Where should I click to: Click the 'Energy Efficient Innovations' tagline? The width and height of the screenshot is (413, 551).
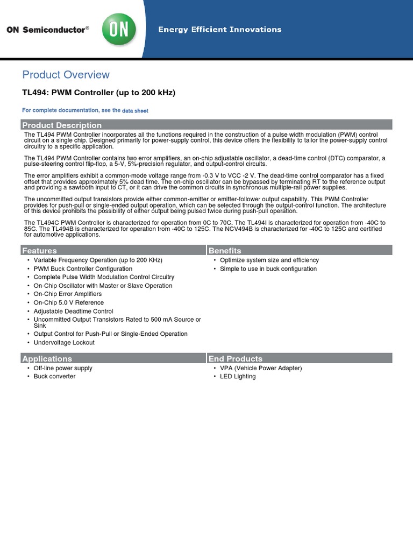219,30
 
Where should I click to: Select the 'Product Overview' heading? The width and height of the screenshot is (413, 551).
66,75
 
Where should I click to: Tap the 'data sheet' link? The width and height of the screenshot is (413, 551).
135,111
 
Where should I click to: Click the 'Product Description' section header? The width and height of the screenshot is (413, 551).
62,125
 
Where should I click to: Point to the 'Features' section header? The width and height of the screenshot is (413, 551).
39,251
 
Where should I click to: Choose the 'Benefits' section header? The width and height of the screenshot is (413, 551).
225,251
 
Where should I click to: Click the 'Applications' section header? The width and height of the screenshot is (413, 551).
47,359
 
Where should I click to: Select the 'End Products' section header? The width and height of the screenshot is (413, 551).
236,359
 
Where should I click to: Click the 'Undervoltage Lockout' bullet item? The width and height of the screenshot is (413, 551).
64,343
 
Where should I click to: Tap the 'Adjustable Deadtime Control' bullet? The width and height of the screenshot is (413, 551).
73,312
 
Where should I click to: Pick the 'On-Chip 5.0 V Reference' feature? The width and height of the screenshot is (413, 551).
69,303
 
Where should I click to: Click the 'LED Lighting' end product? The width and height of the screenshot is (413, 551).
238,377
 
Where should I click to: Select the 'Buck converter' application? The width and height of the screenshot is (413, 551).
54,377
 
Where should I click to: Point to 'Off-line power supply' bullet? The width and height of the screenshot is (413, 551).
63,368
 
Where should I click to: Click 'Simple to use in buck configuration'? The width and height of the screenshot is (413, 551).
268,269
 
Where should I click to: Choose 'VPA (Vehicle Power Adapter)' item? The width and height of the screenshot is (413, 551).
261,368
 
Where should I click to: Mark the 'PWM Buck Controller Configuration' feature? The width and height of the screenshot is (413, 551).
83,269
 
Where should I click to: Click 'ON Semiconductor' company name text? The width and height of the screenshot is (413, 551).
46,30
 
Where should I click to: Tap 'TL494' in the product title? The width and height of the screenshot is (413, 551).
34,93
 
